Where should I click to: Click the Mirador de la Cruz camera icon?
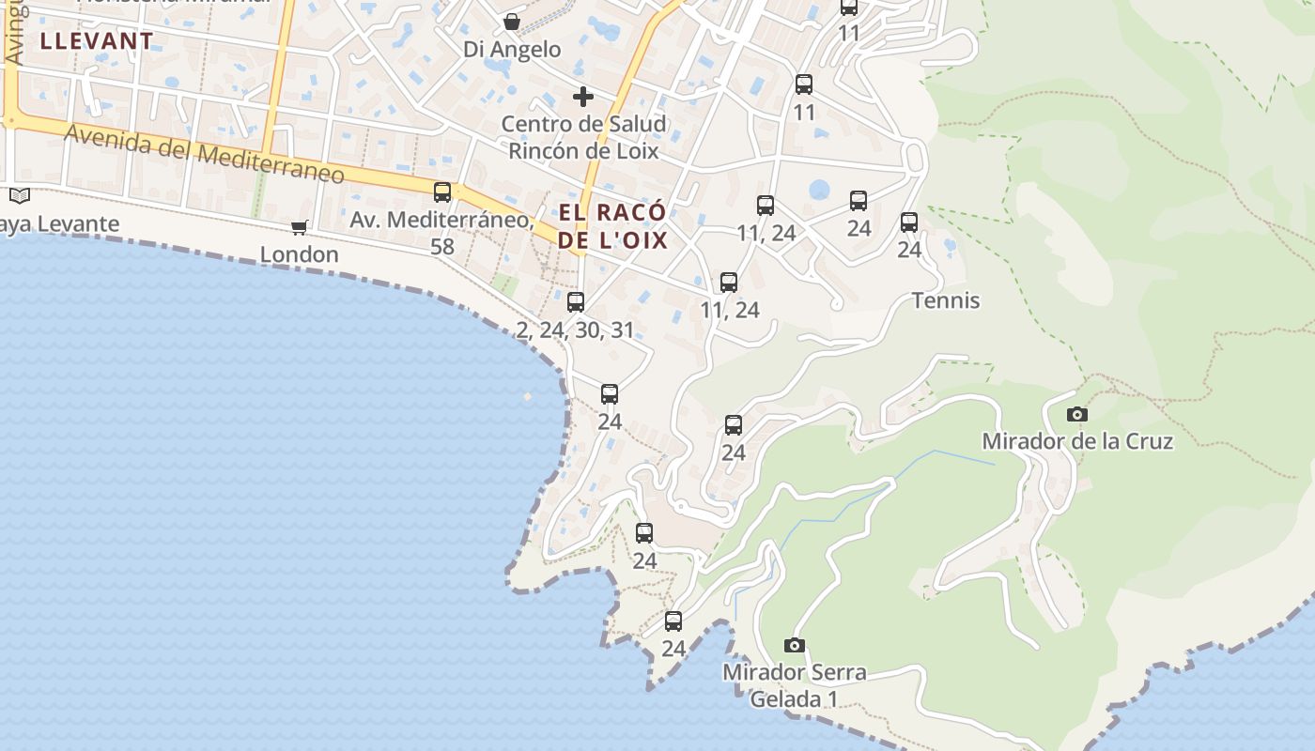pyautogui.click(x=1077, y=414)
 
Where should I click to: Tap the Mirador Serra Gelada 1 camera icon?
pyautogui.click(x=795, y=645)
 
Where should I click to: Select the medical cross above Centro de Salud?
pyautogui.click(x=583, y=96)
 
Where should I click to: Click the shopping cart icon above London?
pyautogui.click(x=300, y=227)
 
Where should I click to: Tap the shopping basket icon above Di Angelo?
pyautogui.click(x=512, y=22)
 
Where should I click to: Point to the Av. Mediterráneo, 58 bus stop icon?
pyautogui.click(x=442, y=192)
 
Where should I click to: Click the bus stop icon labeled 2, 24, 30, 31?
pyautogui.click(x=576, y=302)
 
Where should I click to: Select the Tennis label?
pyautogui.click(x=946, y=300)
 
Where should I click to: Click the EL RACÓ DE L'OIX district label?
pyautogui.click(x=612, y=226)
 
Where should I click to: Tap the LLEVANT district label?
pyautogui.click(x=97, y=41)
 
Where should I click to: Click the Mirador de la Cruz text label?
pyautogui.click(x=1077, y=441)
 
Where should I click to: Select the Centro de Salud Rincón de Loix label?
pyautogui.click(x=583, y=137)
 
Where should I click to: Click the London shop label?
pyautogui.click(x=299, y=254)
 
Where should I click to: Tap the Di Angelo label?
pyautogui.click(x=512, y=49)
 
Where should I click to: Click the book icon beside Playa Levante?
pyautogui.click(x=20, y=195)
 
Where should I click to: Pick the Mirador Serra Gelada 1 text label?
pyautogui.click(x=795, y=685)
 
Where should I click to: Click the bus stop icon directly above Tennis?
pyautogui.click(x=909, y=222)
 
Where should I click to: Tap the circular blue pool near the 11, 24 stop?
pyautogui.click(x=819, y=190)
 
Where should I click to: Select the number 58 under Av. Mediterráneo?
pyautogui.click(x=441, y=247)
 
